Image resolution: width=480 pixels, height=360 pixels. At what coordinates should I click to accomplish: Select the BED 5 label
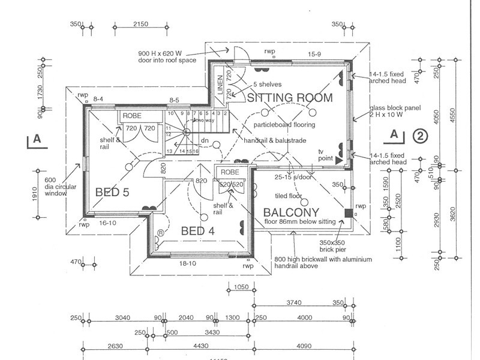[112, 192]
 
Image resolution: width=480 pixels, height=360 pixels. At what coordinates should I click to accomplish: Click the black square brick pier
[349, 212]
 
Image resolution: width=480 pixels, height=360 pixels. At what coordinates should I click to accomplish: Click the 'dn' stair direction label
[204, 142]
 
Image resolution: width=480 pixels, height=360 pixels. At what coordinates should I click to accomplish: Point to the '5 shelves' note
[267, 84]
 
